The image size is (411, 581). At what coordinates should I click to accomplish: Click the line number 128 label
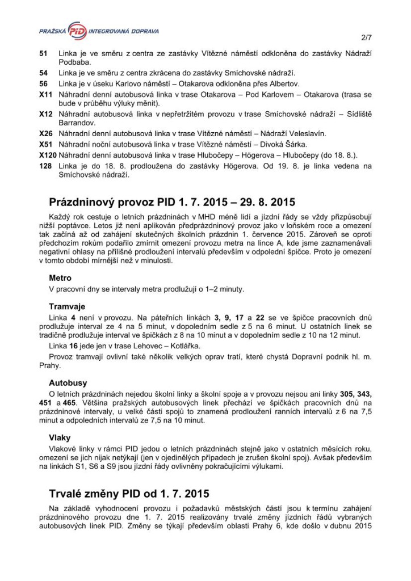[x=45, y=165]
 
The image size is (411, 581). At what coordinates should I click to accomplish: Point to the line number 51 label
[x=43, y=53]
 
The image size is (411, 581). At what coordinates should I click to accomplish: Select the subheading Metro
[x=60, y=278]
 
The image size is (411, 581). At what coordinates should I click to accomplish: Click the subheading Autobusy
[x=67, y=382]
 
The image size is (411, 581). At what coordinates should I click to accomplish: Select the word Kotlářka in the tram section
[x=174, y=346]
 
